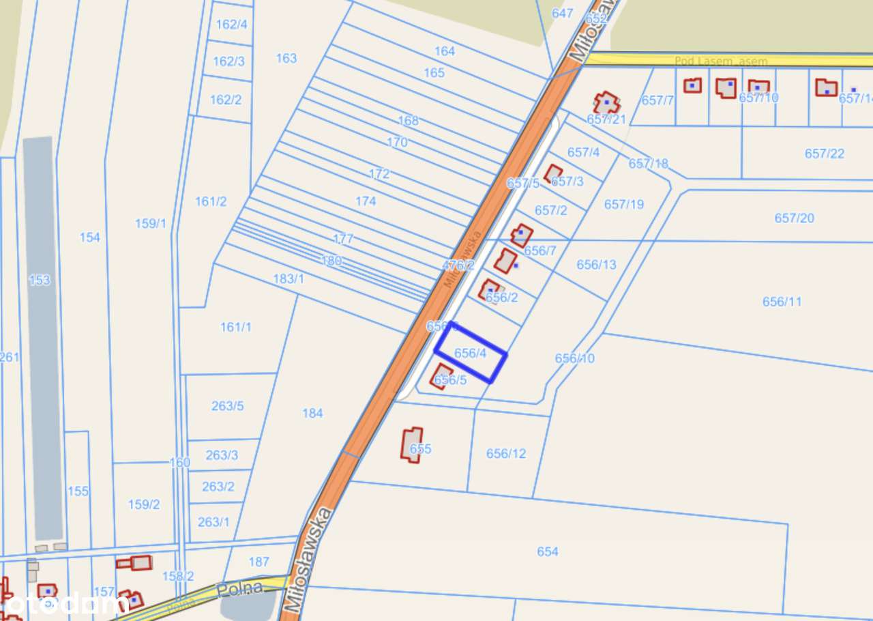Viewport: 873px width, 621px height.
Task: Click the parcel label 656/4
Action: pyautogui.click(x=471, y=353)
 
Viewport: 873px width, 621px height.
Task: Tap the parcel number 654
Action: pyautogui.click(x=548, y=551)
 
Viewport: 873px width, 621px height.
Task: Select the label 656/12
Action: pyautogui.click(x=506, y=453)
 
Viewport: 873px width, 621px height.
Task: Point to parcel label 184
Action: pyautogui.click(x=312, y=413)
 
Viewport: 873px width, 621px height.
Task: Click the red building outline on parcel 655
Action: pyautogui.click(x=411, y=445)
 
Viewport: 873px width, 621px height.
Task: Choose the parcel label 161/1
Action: pyautogui.click(x=236, y=327)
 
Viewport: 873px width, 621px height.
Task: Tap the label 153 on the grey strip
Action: pyautogui.click(x=40, y=280)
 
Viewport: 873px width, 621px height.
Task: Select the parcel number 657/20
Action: pyautogui.click(x=795, y=218)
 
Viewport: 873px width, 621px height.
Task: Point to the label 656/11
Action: pyautogui.click(x=782, y=302)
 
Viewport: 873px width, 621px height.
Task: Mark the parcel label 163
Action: pyautogui.click(x=286, y=58)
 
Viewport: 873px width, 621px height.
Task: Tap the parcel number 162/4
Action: pyautogui.click(x=231, y=25)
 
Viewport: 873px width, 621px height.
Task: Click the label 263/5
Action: pyautogui.click(x=227, y=406)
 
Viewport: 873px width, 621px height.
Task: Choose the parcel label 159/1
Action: pyautogui.click(x=151, y=223)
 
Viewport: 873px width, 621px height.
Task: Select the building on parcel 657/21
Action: pyautogui.click(x=606, y=103)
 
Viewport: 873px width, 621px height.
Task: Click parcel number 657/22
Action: pyautogui.click(x=825, y=154)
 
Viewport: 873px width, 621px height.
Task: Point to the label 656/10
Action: pyautogui.click(x=575, y=358)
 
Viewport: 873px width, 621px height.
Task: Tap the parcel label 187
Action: pyautogui.click(x=258, y=562)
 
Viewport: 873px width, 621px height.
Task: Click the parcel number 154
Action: pyautogui.click(x=89, y=237)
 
